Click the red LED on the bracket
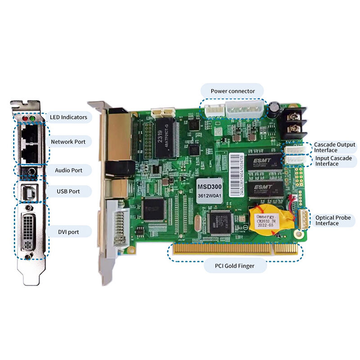[x=25, y=119]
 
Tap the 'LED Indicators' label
[x=68, y=117]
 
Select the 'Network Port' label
[x=68, y=142]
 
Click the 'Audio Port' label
[x=68, y=171]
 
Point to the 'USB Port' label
[x=68, y=191]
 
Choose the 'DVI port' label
[x=68, y=232]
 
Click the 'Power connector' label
[x=233, y=91]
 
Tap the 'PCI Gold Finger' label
[x=235, y=266]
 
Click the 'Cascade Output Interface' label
[x=334, y=148]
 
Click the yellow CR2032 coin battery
[x=269, y=219]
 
